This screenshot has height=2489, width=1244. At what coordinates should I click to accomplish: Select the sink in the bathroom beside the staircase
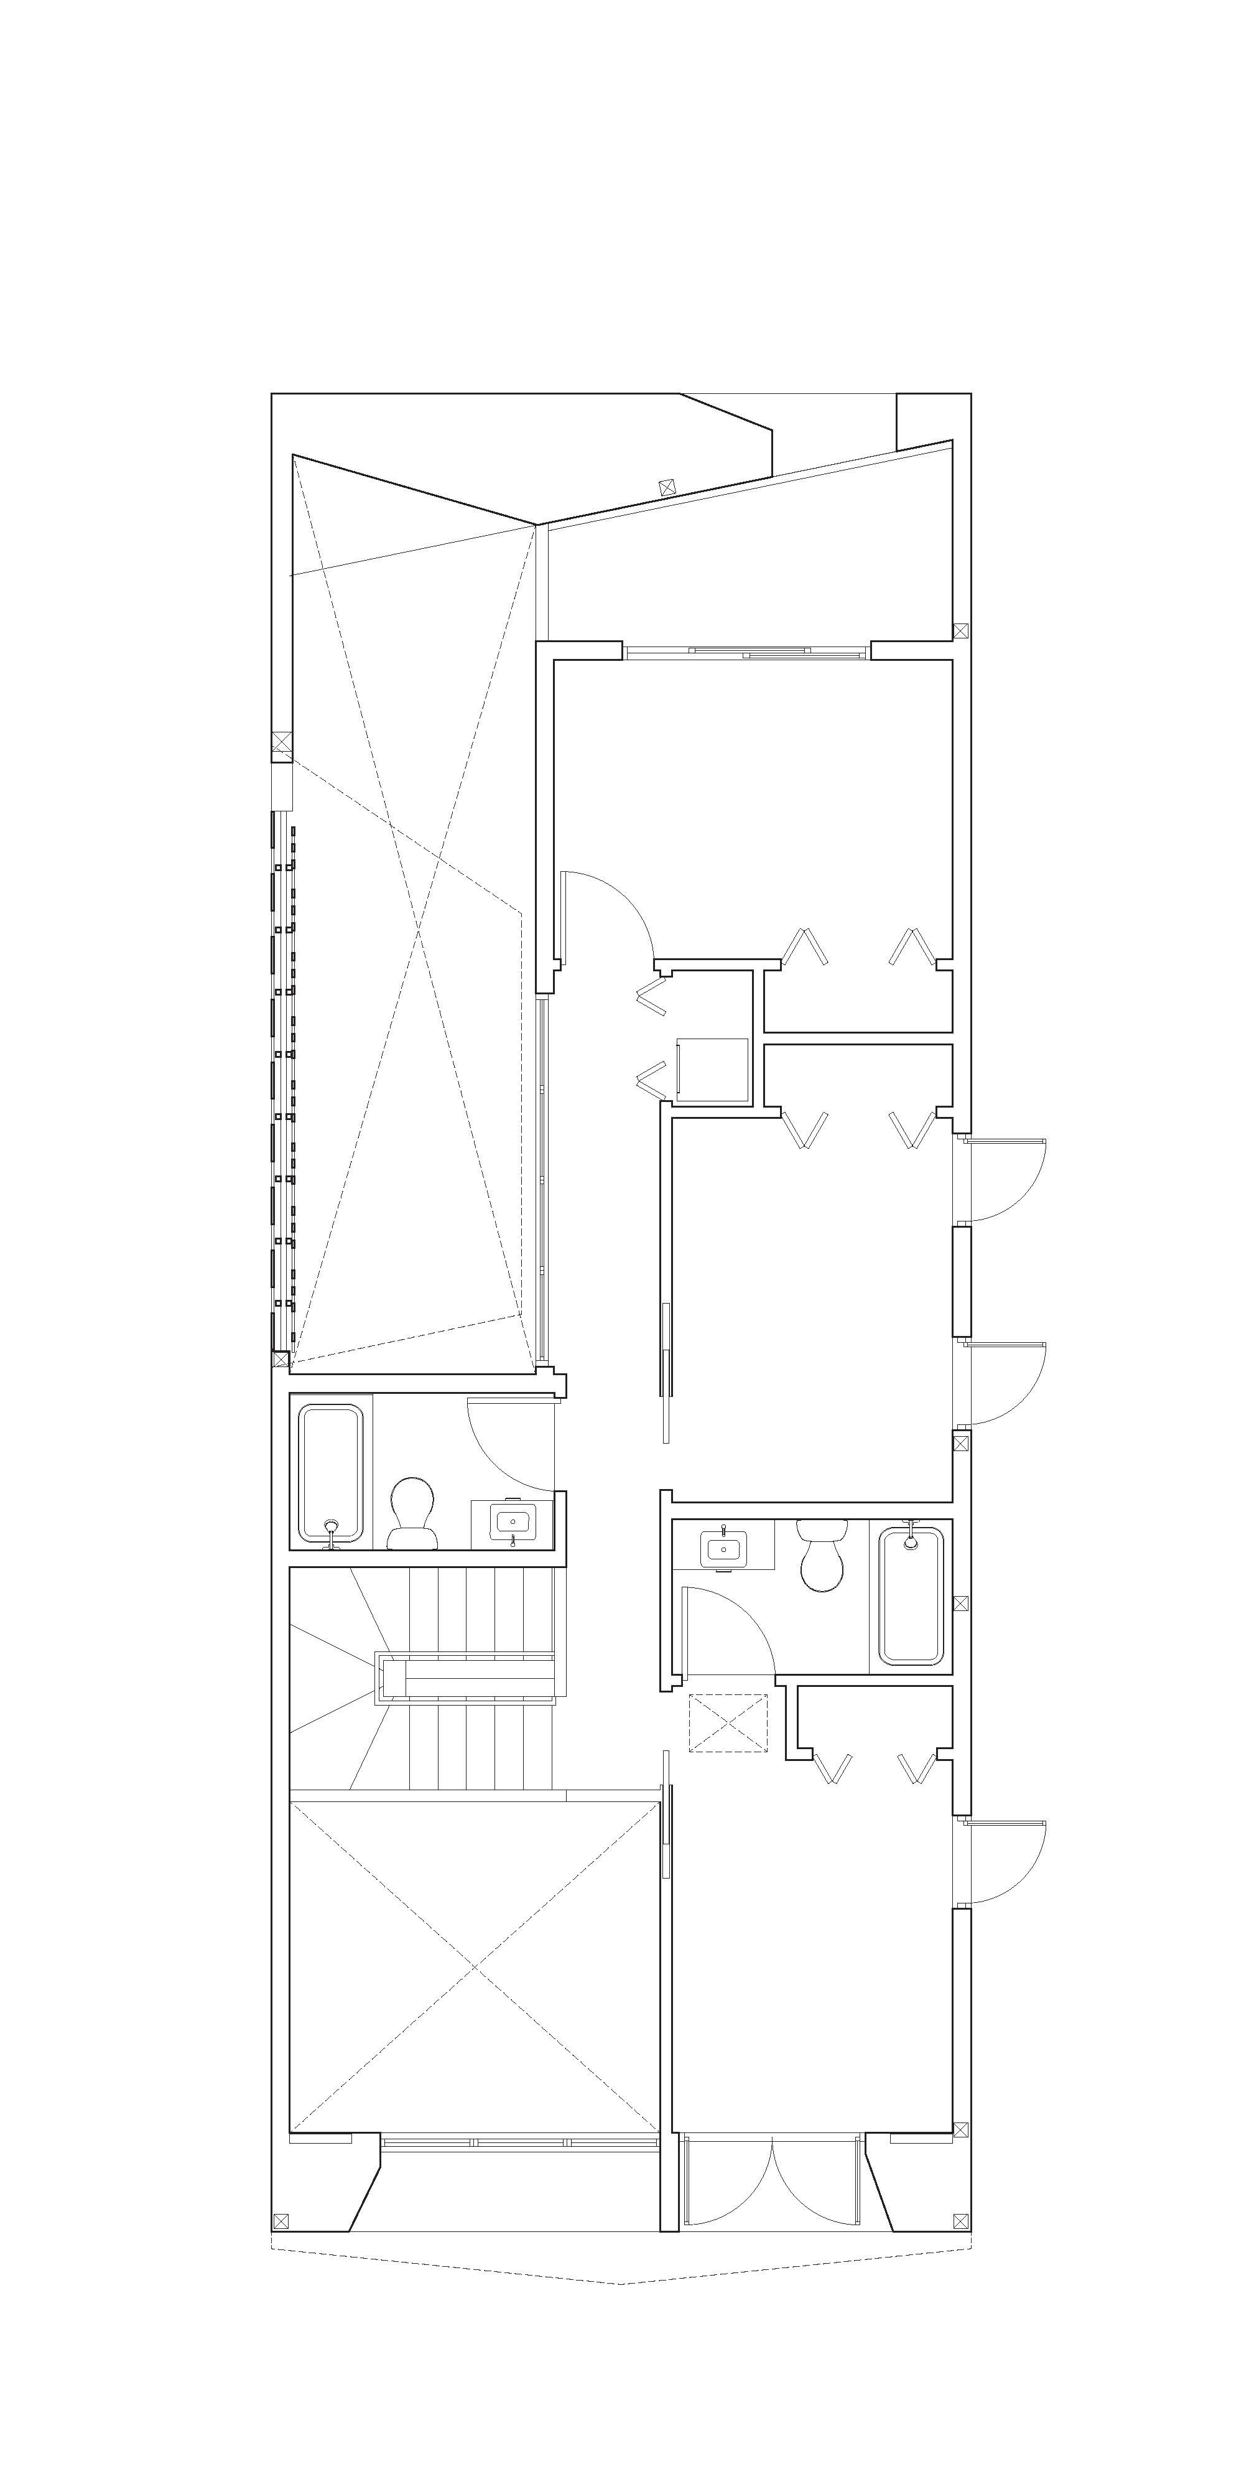coord(510,1524)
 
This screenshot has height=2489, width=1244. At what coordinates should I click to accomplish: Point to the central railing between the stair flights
coord(468,1676)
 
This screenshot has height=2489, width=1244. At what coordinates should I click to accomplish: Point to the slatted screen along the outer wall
coord(283,1082)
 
